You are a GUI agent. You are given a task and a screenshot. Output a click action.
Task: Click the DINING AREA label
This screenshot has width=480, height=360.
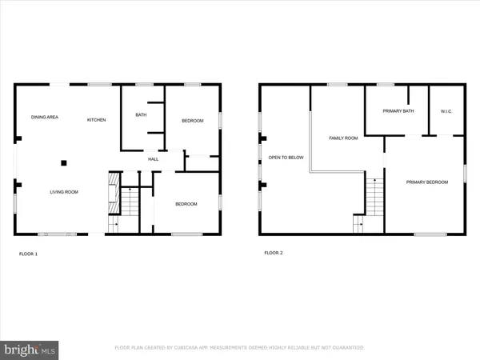pos(45,118)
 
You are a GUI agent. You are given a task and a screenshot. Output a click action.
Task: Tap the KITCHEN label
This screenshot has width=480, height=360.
pos(96,120)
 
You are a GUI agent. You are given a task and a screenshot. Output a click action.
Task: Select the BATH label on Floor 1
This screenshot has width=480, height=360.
pos(141,115)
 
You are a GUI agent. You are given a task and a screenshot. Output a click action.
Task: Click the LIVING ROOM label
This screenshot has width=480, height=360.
pos(64,191)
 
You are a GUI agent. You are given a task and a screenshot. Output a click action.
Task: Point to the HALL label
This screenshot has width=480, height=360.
pos(153,158)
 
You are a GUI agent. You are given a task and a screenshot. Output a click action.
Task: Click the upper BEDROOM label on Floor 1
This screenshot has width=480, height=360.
pos(193,121)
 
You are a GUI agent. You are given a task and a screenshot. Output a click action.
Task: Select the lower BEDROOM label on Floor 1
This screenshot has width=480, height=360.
pos(186,204)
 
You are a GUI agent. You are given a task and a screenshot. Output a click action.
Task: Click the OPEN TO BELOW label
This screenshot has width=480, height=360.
pos(286,158)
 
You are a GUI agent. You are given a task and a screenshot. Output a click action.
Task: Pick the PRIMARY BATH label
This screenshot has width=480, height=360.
pos(398,111)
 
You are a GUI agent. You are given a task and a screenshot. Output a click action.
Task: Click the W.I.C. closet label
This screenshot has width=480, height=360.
pos(446,111)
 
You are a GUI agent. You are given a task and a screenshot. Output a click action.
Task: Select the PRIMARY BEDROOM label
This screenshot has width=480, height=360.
pos(426,182)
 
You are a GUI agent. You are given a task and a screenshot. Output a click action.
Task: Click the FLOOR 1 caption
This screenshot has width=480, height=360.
pos(29,254)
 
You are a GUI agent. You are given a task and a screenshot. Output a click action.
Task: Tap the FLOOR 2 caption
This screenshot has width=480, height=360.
pos(274,253)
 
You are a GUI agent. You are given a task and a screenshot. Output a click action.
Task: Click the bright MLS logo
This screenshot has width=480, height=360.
pos(30,349)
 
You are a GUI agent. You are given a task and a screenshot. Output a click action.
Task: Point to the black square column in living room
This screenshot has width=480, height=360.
pos(63,163)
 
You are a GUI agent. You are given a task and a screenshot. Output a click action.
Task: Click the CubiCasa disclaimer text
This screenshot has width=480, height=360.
pos(240,348)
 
